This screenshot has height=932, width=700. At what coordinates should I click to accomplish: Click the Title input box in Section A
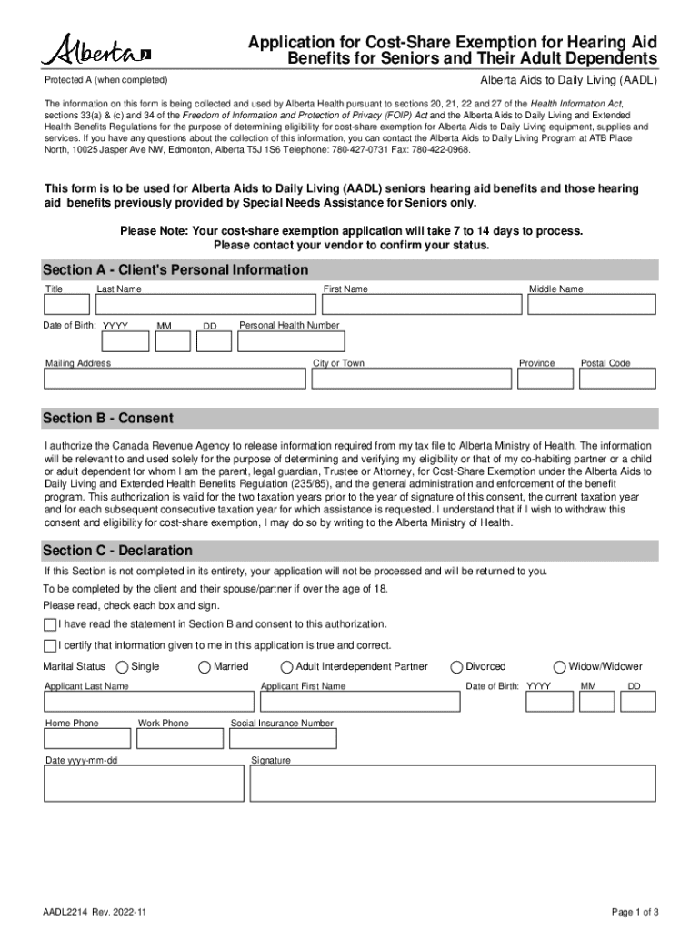tap(67, 305)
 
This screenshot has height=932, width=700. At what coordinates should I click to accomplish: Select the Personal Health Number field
tap(290, 341)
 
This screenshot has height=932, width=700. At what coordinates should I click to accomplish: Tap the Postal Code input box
tap(618, 380)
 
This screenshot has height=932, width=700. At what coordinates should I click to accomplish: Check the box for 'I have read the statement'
tap(50, 624)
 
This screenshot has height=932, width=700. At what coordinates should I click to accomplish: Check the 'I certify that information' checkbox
tap(50, 646)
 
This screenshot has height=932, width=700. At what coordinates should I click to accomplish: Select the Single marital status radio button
tap(124, 667)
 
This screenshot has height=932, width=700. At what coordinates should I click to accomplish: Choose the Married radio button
tap(205, 667)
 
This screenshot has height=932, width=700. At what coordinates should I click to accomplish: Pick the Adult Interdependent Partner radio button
tap(287, 667)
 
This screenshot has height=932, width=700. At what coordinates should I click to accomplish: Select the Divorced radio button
tap(457, 667)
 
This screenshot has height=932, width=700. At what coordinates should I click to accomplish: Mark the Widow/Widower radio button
tap(560, 667)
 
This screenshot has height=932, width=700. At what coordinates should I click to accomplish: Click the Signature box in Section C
tap(453, 783)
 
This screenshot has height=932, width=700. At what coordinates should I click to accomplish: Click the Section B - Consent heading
tap(108, 419)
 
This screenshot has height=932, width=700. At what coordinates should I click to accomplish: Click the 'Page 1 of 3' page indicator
tap(635, 912)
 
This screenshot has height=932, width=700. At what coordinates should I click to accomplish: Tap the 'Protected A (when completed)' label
tap(106, 80)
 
